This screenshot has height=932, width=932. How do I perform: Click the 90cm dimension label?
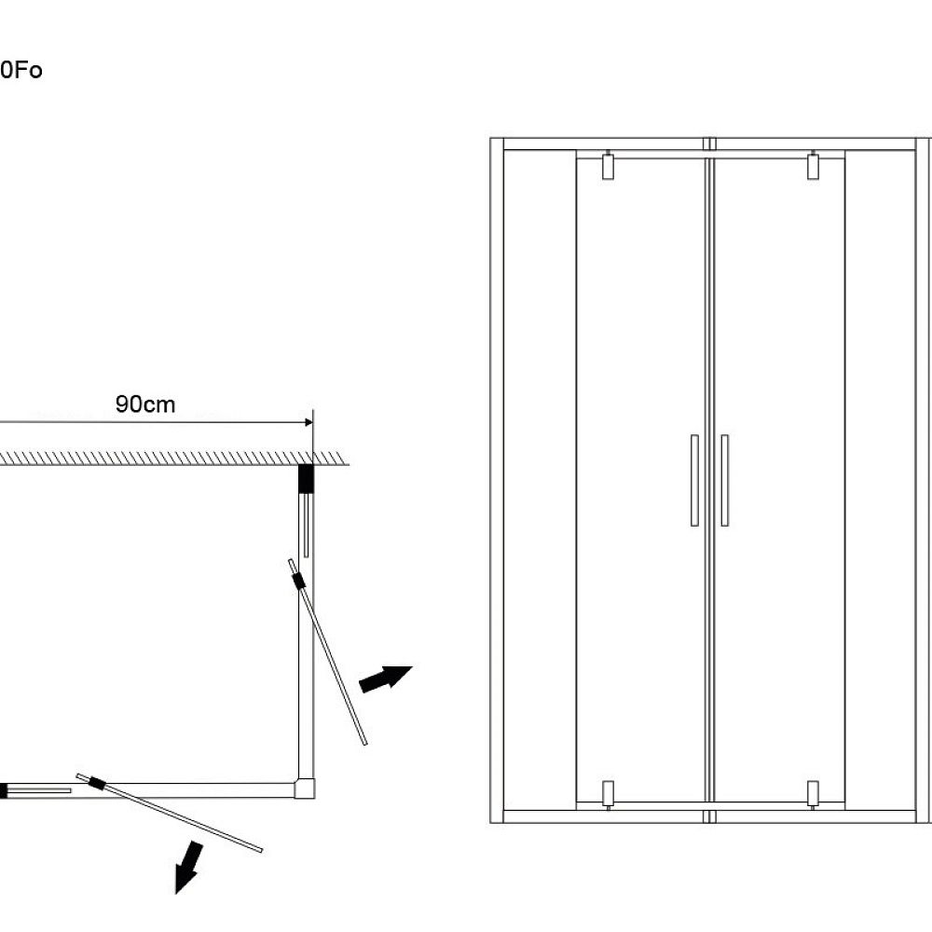(x=145, y=404)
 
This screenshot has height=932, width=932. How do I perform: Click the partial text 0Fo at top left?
(x=21, y=71)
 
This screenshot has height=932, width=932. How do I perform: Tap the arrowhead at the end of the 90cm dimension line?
(x=307, y=423)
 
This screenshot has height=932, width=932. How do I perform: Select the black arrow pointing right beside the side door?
(x=385, y=678)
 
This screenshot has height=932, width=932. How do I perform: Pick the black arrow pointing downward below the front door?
(x=189, y=866)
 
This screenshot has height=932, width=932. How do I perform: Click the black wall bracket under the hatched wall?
(x=306, y=478)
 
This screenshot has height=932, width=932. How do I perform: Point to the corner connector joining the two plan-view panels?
(x=305, y=788)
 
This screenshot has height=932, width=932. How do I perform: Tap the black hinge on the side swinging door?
(x=298, y=582)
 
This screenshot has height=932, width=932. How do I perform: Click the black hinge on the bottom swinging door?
(x=96, y=785)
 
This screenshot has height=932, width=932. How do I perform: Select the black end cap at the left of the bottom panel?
(x=3, y=791)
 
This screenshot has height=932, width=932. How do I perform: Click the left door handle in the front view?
(x=694, y=480)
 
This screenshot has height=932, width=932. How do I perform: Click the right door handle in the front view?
(x=724, y=480)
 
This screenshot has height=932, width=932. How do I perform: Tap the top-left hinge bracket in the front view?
(x=608, y=166)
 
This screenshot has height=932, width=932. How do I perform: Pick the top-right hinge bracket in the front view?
(x=813, y=166)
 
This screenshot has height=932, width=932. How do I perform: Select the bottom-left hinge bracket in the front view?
(x=608, y=793)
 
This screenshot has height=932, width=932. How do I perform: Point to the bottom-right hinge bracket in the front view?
(x=813, y=793)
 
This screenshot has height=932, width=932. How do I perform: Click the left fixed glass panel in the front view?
(x=540, y=480)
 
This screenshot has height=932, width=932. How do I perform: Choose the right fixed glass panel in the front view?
(x=880, y=480)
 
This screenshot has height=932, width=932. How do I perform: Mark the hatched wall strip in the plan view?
(x=168, y=458)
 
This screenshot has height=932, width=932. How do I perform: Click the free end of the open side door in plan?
(x=363, y=742)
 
